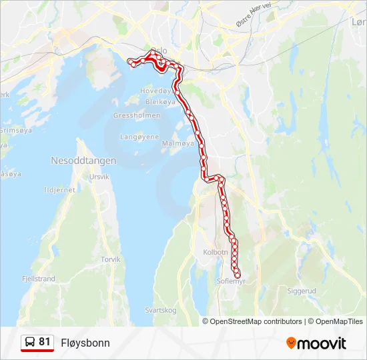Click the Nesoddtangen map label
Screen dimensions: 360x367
83,161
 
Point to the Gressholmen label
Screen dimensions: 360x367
137,115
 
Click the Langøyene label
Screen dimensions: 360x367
139,137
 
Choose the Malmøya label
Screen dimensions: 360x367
178,143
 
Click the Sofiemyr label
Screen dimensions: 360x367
232,282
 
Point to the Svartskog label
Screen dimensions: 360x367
161,310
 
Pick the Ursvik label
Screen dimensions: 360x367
99,177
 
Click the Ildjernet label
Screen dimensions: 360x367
59,190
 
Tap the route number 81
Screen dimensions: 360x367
45,342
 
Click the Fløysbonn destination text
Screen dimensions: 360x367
85,343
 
